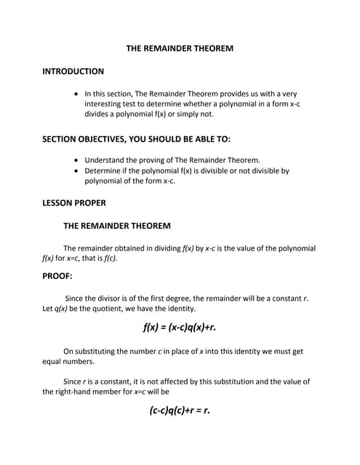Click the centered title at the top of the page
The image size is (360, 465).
click(180, 49)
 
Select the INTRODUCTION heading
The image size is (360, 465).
click(73, 71)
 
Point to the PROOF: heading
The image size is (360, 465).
click(57, 275)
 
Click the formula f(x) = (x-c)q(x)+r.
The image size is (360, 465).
click(180, 327)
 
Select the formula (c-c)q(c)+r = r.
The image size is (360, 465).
click(180, 410)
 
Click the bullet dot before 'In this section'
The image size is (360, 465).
click(78, 94)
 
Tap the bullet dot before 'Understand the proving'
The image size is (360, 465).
click(78, 160)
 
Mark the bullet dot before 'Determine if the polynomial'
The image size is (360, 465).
click(78, 171)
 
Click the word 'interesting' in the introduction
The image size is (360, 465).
click(105, 104)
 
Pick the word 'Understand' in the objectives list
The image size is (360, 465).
click(106, 160)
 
